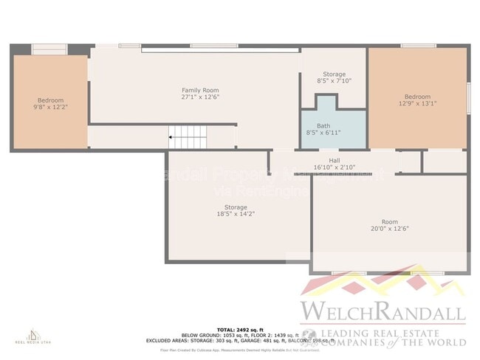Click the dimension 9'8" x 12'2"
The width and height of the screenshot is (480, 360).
coord(51,108)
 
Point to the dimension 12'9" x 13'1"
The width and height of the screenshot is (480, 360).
coord(416,104)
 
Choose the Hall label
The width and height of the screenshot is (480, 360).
coord(334,161)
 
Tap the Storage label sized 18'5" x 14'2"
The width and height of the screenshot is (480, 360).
coord(236,207)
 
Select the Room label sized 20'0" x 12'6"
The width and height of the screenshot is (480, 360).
coord(389,222)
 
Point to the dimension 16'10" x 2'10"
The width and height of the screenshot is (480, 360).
coord(334,167)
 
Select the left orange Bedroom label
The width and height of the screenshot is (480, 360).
coord(51,100)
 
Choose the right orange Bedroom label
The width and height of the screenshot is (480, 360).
coord(416,97)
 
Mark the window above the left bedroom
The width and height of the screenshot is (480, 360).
coord(49,49)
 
